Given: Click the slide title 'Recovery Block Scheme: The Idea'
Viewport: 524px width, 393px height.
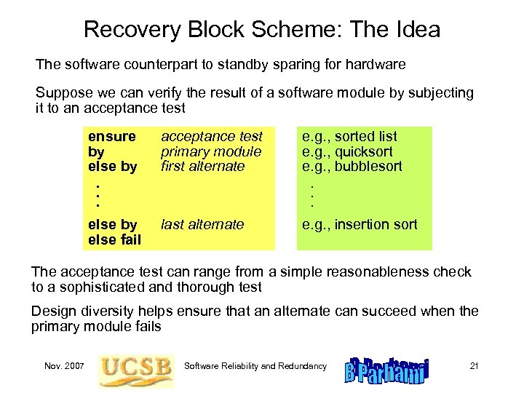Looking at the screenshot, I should (x=262, y=30).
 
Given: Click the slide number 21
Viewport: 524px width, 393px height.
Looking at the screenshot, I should (x=473, y=366).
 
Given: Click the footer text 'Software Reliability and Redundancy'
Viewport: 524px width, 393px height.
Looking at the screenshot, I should (x=255, y=366).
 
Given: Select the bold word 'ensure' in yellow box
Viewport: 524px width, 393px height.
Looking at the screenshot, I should (x=111, y=137).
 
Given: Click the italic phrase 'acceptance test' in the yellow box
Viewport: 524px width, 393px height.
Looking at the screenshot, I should (x=211, y=137).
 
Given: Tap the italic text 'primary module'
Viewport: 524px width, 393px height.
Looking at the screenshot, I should (x=210, y=151).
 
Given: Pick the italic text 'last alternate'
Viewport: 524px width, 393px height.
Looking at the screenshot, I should (x=202, y=225).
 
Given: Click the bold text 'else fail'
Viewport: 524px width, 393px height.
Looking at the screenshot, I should (x=114, y=239).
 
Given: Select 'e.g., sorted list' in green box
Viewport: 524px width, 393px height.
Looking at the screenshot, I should (x=349, y=137).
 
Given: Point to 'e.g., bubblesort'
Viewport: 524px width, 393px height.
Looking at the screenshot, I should (x=352, y=166).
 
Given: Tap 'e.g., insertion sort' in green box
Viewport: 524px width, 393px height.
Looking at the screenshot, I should (x=360, y=225).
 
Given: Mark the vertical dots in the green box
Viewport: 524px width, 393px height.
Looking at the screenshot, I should (x=311, y=195).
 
